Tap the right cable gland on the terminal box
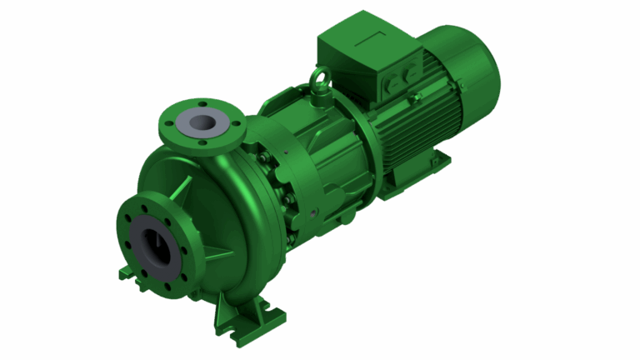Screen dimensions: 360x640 coord(410,74)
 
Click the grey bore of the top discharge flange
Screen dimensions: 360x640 coord(202,122)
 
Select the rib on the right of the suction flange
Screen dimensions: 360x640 coord(218,254)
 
